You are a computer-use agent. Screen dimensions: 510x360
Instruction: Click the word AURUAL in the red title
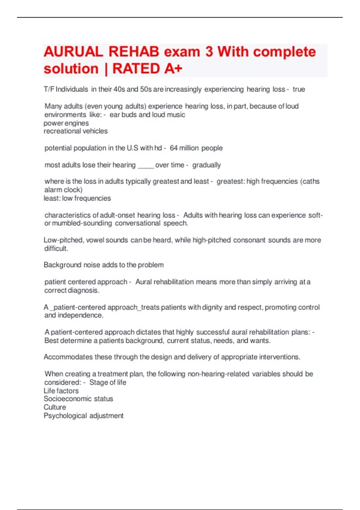73,52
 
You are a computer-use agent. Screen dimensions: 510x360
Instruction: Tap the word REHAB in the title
134,52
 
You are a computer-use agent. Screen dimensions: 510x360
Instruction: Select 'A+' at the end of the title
173,69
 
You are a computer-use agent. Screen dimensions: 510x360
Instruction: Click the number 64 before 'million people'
173,148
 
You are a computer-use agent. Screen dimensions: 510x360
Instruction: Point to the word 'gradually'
206,165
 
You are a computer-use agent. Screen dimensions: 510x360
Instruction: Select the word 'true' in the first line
299,89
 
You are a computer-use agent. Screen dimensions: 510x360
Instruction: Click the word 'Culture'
55,407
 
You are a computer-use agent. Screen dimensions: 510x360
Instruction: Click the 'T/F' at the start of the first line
49,89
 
